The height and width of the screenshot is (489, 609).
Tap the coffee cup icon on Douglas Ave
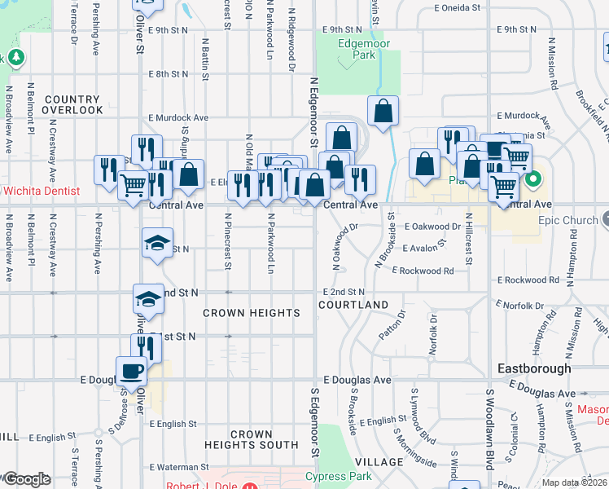[x=131, y=371]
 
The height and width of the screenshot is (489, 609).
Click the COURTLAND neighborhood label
[x=353, y=305]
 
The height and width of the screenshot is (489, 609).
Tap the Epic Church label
[x=569, y=220]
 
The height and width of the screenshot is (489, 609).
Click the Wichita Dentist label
[x=41, y=191]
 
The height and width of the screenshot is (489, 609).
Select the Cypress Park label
[x=338, y=476]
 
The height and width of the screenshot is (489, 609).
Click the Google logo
[x=26, y=479]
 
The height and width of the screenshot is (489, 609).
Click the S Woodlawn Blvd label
[x=490, y=430]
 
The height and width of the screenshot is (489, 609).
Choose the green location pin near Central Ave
[x=533, y=181]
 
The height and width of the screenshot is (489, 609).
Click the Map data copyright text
[x=573, y=482]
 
